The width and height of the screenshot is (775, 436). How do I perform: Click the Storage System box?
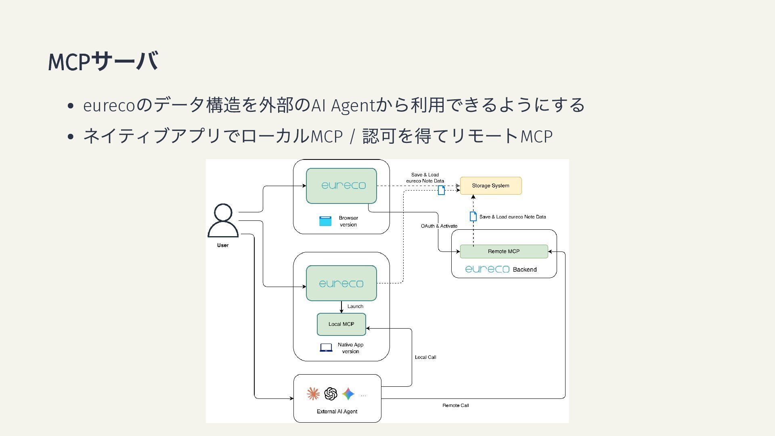pos(490,186)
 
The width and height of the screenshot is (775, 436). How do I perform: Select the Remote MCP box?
pos(504,252)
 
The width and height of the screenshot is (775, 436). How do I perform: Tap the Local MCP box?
pos(341,324)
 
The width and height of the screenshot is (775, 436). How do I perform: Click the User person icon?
pos(223,221)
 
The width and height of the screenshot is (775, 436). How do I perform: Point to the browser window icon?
pos(325,221)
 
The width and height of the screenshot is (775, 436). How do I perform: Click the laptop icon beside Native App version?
pos(326,348)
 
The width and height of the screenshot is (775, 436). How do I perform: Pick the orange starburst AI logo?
pos(313,394)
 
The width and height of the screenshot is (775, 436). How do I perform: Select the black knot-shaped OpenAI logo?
pos(331,394)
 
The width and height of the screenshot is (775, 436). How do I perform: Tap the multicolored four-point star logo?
pos(348,394)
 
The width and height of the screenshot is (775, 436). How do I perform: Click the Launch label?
pos(355,306)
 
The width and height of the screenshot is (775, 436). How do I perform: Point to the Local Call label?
pos(425,357)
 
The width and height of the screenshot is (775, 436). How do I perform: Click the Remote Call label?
pos(455,405)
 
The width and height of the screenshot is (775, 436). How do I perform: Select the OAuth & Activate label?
pos(439,226)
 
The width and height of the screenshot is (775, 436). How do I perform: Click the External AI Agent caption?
pos(337,411)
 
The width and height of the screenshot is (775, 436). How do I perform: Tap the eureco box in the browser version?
pos(341,186)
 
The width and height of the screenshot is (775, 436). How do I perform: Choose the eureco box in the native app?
pos(341,283)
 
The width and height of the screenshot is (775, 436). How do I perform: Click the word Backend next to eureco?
pos(525,270)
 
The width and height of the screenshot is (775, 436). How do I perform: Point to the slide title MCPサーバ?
pos(103,61)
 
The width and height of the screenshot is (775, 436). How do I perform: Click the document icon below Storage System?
pos(473,216)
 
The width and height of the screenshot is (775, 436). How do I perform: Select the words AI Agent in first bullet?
pos(344,105)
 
